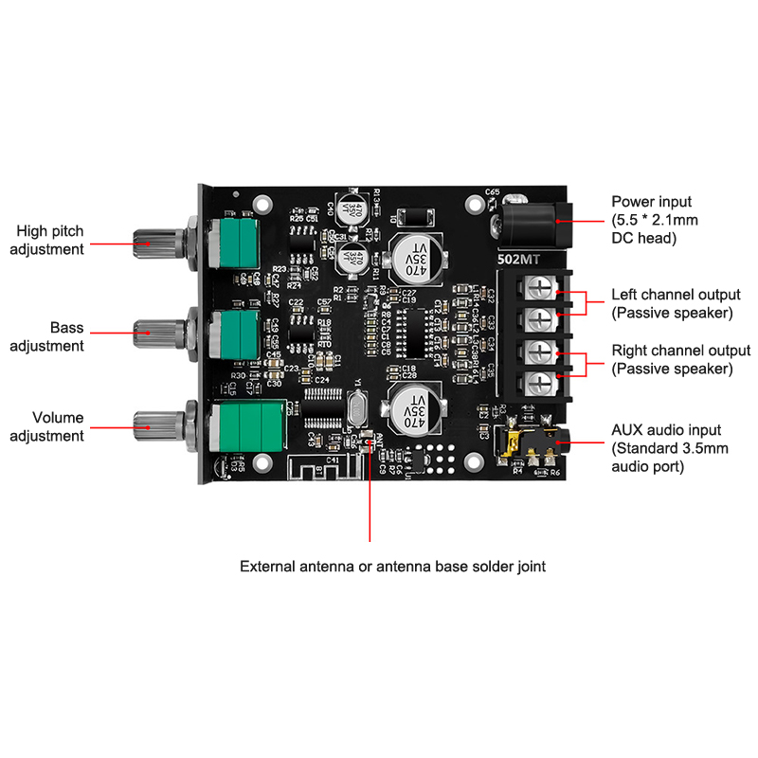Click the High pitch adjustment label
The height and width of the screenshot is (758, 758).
pyautogui.click(x=50, y=239)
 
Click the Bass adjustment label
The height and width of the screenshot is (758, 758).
pyautogui.click(x=47, y=336)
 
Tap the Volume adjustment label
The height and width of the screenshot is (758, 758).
pyautogui.click(x=47, y=426)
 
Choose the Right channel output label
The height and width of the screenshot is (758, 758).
pyautogui.click(x=680, y=359)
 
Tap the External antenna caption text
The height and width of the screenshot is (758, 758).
pyautogui.click(x=392, y=567)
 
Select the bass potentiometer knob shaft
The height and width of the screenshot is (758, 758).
pyautogui.click(x=156, y=331)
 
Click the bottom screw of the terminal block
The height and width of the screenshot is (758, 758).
pyautogui.click(x=538, y=383)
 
